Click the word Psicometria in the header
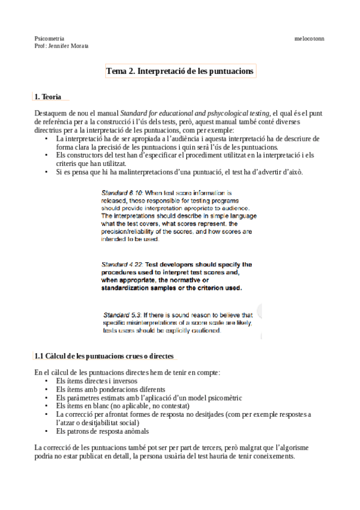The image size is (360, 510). tap(49, 38)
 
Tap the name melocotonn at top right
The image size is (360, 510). tap(309, 38)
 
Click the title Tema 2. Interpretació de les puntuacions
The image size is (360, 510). tap(180, 72)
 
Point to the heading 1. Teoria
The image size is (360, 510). tap(47, 96)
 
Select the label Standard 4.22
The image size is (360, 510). tap(122, 264)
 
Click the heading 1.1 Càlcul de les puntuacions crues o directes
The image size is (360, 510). tap(104, 357)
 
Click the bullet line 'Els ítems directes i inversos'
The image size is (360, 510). tap(96, 381)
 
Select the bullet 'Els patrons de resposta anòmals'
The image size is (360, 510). tap(102, 431)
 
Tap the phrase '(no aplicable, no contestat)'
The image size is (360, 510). tap(134, 406)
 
